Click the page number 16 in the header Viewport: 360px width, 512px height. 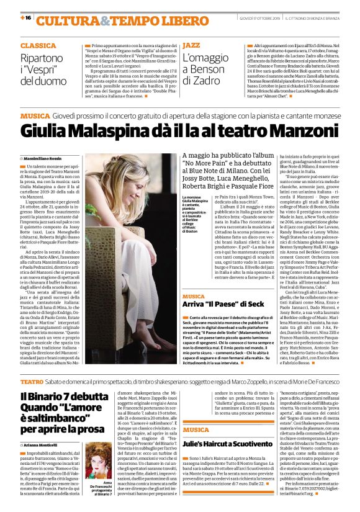[26, 19]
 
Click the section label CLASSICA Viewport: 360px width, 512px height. [38, 46]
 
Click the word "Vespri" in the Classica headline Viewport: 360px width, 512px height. [43, 68]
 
